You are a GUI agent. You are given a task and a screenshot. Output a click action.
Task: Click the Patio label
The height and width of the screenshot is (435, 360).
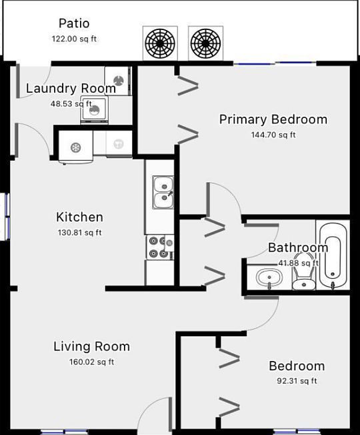(73, 24)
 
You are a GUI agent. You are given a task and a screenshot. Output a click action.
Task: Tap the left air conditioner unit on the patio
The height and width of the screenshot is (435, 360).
(160, 43)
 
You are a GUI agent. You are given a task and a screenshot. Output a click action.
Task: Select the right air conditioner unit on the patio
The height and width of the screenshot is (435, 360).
(205, 43)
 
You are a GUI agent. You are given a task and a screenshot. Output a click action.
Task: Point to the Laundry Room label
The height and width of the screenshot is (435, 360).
(71, 89)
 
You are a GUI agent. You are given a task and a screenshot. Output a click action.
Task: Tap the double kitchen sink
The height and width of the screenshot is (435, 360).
(162, 192)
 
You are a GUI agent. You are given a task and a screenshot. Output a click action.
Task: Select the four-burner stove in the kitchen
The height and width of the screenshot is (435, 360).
(160, 247)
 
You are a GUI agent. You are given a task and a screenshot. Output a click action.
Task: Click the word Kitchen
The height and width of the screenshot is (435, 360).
(79, 217)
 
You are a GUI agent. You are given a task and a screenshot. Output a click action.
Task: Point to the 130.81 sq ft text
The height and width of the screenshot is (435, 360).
(80, 233)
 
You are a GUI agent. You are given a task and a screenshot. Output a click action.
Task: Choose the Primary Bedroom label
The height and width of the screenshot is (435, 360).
(273, 120)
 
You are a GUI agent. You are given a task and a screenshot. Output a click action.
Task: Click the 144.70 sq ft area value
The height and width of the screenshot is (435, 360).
(273, 135)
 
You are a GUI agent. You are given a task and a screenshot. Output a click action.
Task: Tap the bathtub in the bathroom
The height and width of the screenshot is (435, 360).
(332, 256)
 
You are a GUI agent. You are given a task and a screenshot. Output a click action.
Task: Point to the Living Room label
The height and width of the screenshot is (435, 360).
(91, 347)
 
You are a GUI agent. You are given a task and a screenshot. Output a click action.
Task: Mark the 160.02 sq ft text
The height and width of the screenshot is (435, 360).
(92, 362)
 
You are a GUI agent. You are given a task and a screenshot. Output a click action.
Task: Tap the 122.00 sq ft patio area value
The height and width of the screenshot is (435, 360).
(74, 39)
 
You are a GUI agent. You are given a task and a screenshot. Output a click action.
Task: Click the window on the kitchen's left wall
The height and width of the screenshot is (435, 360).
(6, 215)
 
